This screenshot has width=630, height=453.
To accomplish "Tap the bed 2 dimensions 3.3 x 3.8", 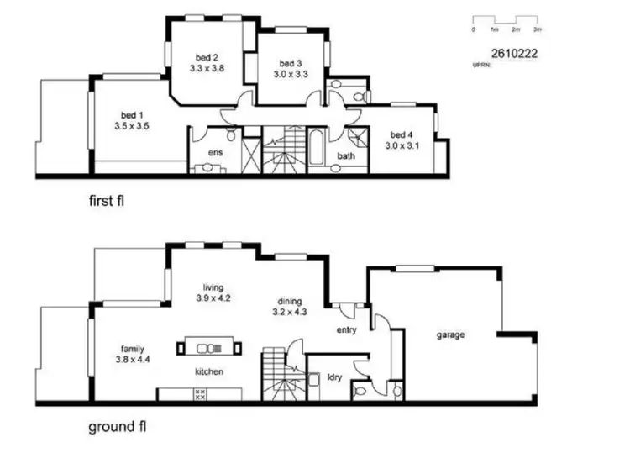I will (206, 69).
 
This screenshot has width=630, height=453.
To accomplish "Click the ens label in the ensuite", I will (215, 153).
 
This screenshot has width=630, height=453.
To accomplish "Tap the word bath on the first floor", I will (346, 156).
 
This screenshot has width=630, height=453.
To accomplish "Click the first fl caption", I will (112, 202).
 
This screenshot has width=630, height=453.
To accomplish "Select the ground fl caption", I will (118, 427).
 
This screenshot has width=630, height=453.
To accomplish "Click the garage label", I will (450, 334).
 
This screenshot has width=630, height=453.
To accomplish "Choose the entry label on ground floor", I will (347, 329).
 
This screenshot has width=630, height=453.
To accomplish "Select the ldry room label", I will (334, 378).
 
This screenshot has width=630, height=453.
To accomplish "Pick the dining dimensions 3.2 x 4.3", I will (287, 313).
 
